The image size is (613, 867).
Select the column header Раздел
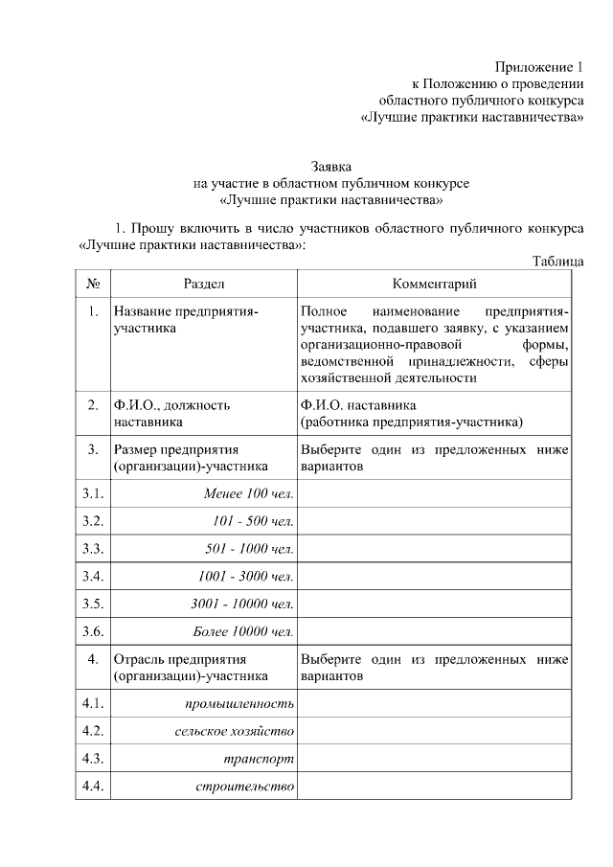coord(204,284)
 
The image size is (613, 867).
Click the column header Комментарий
coord(434,284)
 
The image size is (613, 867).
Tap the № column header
coord(93,284)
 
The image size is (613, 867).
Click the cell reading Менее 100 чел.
coord(248,493)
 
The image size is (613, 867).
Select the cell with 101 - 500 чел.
coord(253,521)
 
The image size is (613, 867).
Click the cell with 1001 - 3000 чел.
coord(245,577)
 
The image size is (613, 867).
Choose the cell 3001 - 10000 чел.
coord(242,605)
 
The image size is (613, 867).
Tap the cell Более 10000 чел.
coord(247,632)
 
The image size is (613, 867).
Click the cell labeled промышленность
coord(238,705)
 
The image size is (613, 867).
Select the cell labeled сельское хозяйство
coord(234,732)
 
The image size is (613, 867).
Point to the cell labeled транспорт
coord(258,760)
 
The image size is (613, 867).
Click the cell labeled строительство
coord(244,787)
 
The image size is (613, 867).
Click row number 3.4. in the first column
coord(93,577)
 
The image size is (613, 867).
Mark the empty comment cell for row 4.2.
coord(434,732)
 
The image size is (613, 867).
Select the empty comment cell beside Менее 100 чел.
coord(434,493)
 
